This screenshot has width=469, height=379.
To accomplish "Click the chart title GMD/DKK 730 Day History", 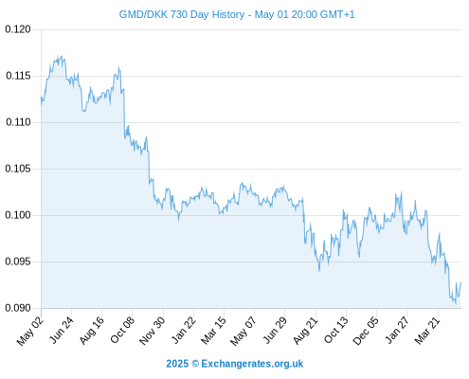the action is click(182, 14).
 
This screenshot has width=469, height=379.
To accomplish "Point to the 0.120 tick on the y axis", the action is click(18, 29).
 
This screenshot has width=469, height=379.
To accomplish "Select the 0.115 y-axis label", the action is click(18, 76).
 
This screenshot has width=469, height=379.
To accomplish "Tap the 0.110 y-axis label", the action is click(18, 122).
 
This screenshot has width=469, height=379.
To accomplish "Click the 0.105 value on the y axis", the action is click(18, 169).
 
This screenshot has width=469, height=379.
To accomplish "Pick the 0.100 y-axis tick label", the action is click(18, 215).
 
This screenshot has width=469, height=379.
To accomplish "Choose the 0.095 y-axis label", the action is click(18, 262).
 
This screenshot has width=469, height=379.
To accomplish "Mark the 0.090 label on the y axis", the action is click(18, 308).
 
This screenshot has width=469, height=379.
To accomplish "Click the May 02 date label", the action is click(30, 331).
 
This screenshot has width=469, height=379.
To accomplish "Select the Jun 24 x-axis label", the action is click(62, 331).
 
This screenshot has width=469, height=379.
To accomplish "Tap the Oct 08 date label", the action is click(122, 331).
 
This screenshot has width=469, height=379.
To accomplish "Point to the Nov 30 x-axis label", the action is click(152, 331).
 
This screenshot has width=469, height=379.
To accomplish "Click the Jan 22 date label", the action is click(183, 331).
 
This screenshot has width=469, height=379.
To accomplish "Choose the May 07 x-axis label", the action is click(243, 331).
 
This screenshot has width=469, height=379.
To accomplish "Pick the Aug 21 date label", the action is click(305, 331).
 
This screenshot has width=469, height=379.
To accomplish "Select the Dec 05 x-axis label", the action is click(365, 331).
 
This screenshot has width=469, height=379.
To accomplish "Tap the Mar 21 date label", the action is click(427, 331).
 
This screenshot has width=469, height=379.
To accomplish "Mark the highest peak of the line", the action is click(62, 56).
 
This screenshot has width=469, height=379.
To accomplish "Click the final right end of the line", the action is click(460, 282).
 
